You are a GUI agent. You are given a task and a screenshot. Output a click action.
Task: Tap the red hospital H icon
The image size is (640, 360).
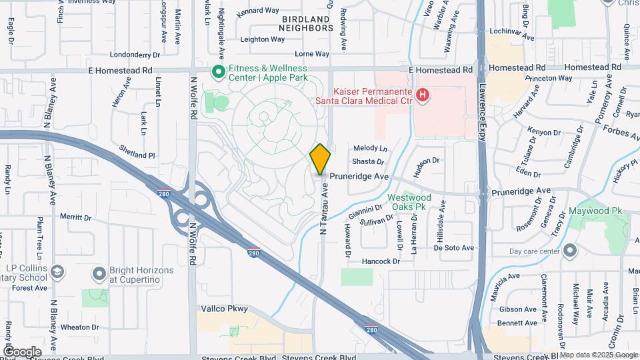pos(422,97)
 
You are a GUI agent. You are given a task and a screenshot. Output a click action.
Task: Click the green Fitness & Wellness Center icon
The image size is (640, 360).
pos(218,71)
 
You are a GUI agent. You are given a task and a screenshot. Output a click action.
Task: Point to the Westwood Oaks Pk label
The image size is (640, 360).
pos(409,202)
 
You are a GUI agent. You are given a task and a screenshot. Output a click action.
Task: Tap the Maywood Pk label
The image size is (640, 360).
pos(595,211)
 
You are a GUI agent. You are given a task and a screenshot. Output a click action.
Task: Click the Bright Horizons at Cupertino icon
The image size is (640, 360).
pos(99,274)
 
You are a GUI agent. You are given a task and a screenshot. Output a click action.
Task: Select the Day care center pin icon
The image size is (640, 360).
pos(570,251)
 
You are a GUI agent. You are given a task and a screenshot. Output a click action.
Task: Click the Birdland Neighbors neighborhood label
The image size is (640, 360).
pos(306,24)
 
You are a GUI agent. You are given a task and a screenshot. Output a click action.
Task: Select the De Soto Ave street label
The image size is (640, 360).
pos(453,248)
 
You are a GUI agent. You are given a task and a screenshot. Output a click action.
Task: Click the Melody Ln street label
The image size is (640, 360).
pos(370,148)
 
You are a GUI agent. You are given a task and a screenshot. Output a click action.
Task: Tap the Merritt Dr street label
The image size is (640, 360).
pos(75,217)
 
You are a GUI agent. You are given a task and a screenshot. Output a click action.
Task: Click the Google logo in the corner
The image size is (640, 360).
pos(22,351)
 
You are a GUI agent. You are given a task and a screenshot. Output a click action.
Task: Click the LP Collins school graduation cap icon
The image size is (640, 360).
pos(58,272)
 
